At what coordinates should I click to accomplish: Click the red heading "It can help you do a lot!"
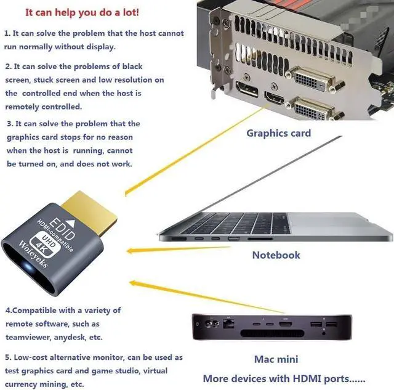click(82, 12)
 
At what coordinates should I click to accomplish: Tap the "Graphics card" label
click(278, 133)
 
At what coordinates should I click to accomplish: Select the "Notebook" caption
click(276, 254)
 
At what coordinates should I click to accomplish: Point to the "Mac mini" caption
click(276, 359)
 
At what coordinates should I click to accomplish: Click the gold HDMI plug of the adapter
click(95, 209)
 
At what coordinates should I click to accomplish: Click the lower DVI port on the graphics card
click(314, 109)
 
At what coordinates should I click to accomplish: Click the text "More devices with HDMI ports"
click(284, 378)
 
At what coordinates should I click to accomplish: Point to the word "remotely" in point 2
click(25, 106)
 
